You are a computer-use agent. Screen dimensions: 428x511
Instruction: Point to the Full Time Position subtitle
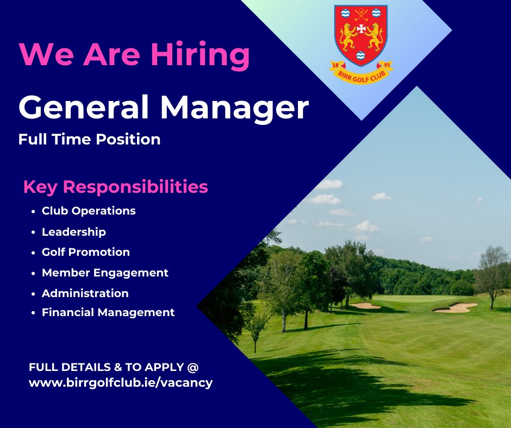pyautogui.click(x=89, y=140)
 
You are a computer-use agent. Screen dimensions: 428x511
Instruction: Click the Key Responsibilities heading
pyautogui.click(x=115, y=187)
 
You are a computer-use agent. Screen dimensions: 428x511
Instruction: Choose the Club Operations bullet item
pyautogui.click(x=89, y=211)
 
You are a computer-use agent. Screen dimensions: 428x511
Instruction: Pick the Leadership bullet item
pyautogui.click(x=74, y=232)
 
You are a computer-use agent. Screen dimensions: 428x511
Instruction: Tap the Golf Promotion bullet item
pyautogui.click(x=86, y=253)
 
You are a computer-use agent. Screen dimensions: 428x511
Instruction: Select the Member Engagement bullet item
pyautogui.click(x=105, y=273)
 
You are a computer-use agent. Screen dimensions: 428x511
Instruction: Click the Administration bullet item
pyautogui.click(x=85, y=293)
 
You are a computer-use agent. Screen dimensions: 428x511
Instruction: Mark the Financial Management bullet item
pyautogui.click(x=108, y=312)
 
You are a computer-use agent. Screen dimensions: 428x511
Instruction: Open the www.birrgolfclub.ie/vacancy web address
pyautogui.click(x=121, y=383)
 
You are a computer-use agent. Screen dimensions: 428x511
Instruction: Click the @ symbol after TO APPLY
pyautogui.click(x=192, y=367)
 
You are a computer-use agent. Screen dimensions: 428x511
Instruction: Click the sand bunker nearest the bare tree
pyautogui.click(x=456, y=308)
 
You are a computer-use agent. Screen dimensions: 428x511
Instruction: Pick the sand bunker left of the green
pyautogui.click(x=365, y=306)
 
